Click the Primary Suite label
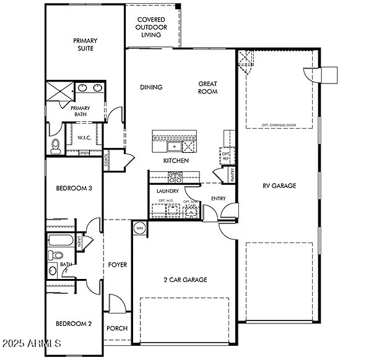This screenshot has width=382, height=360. [86, 45]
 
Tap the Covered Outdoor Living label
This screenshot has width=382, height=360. [152, 27]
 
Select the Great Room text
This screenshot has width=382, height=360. [208, 87]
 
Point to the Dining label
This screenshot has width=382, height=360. [151, 87]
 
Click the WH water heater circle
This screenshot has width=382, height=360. [139, 228]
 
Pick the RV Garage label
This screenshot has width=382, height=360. [279, 186]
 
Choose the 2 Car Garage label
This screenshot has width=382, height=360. [184, 280]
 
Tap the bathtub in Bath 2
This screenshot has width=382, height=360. [60, 241]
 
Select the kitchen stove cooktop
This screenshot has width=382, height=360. [178, 177]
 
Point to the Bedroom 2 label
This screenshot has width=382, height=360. [74, 324]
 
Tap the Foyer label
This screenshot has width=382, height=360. [118, 265]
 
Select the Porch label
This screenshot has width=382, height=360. [117, 328]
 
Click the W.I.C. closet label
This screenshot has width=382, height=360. [85, 138]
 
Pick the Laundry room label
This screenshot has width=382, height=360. [167, 192]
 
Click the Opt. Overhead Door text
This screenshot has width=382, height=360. [279, 125]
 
